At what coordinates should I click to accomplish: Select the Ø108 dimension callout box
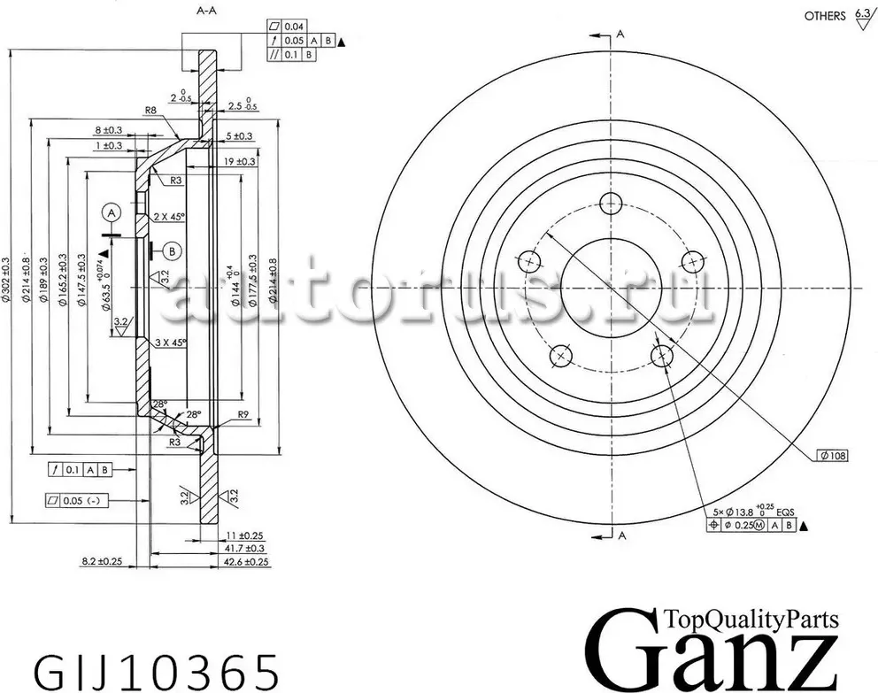pos(833,455)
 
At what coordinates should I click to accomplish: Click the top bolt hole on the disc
pos(610,204)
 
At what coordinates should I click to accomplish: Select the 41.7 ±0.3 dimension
pos(246,549)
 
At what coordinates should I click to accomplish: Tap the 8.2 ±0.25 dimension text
pos(102,562)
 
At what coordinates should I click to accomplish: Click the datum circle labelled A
pos(111,212)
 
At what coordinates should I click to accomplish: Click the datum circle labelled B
pos(172,251)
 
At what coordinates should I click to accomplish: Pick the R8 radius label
pos(150,112)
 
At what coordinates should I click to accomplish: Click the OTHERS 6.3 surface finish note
pos(836,17)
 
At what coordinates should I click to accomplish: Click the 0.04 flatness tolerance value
pos(294,26)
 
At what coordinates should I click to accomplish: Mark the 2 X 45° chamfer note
pos(170,217)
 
